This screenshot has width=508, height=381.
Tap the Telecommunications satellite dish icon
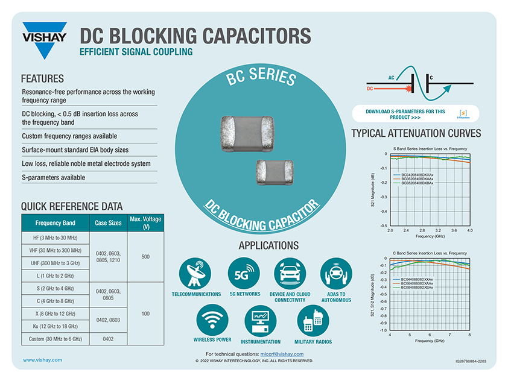pos(196,274)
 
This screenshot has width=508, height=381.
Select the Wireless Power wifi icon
pos(212,320)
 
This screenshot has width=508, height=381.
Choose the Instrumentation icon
pos(261,320)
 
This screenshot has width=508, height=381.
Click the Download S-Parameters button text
pos(405,113)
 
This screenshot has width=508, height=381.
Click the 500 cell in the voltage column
pos(145,257)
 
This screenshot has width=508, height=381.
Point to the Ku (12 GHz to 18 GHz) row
pos(55,326)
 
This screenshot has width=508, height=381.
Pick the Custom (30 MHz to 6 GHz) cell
pos(55,339)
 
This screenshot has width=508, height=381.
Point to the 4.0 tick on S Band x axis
pos(469,231)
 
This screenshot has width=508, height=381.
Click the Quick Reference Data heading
pos(72,206)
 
